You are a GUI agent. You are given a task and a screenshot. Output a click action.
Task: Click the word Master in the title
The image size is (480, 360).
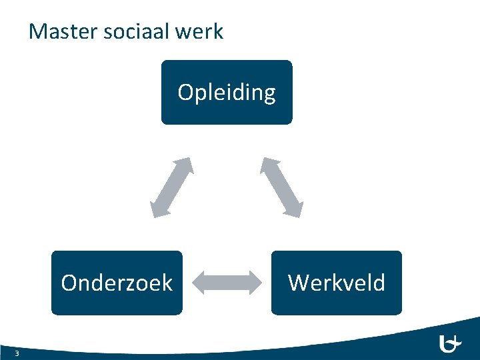(x=61, y=31)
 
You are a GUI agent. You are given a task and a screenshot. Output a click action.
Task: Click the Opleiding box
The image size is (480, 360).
(x=227, y=92)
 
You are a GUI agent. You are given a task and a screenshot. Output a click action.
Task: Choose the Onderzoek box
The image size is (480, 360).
(x=117, y=283)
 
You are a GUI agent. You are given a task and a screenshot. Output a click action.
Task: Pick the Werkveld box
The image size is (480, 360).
(x=336, y=283)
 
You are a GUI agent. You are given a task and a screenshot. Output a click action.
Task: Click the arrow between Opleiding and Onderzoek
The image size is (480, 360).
(x=172, y=187)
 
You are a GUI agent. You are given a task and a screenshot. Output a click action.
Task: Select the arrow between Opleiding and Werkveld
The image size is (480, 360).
(x=281, y=187)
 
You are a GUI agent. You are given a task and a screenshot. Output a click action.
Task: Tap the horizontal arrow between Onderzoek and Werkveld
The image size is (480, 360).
(x=227, y=283)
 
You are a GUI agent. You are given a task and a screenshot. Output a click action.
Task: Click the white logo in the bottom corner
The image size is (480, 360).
(x=450, y=344)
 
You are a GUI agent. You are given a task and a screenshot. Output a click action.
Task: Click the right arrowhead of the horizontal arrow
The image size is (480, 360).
(x=254, y=283)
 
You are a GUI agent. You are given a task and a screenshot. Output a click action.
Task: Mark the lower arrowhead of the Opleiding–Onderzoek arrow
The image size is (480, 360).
(x=159, y=209)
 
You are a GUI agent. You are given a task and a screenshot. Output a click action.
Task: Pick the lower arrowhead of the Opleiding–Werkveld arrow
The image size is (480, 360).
(x=294, y=209)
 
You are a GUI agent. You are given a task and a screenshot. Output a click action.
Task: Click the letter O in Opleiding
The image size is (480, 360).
(x=185, y=91)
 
